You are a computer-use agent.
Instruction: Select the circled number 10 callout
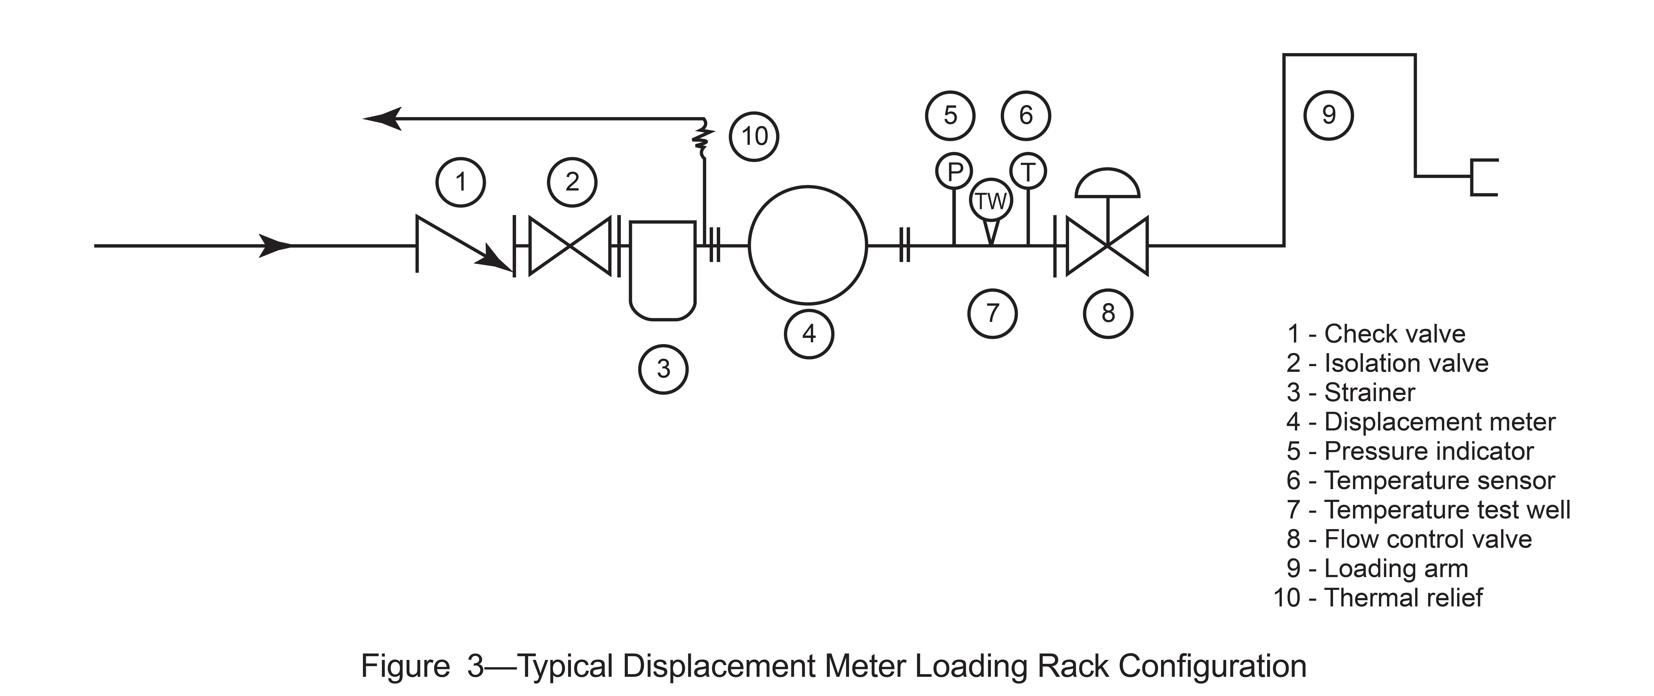tap(754, 136)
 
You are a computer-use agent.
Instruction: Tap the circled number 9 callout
tap(1328, 115)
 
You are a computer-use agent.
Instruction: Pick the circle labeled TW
tap(991, 201)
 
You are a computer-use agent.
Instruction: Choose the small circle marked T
tap(1028, 172)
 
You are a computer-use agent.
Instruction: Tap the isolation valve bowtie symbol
tap(570, 245)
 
